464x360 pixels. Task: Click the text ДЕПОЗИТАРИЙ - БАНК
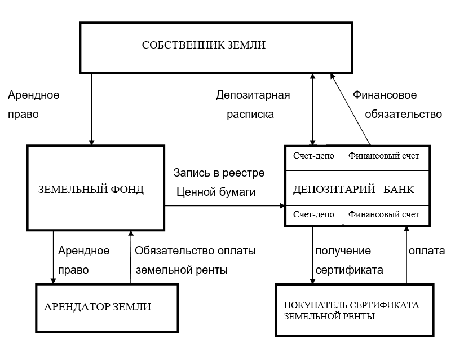pyautogui.click(x=353, y=189)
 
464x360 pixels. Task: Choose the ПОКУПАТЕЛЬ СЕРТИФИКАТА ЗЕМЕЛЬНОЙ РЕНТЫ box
pyautogui.click(x=355, y=310)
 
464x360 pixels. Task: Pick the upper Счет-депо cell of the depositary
pyautogui.click(x=314, y=155)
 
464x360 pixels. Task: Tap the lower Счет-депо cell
pyautogui.click(x=314, y=214)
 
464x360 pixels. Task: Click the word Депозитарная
pyautogui.click(x=253, y=94)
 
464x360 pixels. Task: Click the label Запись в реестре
pyautogui.click(x=219, y=172)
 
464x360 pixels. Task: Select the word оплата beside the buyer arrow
pyautogui.click(x=427, y=251)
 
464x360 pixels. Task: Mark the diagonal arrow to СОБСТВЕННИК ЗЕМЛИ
pyautogui.click(x=351, y=110)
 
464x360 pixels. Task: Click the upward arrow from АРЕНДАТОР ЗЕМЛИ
pyautogui.click(x=130, y=257)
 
